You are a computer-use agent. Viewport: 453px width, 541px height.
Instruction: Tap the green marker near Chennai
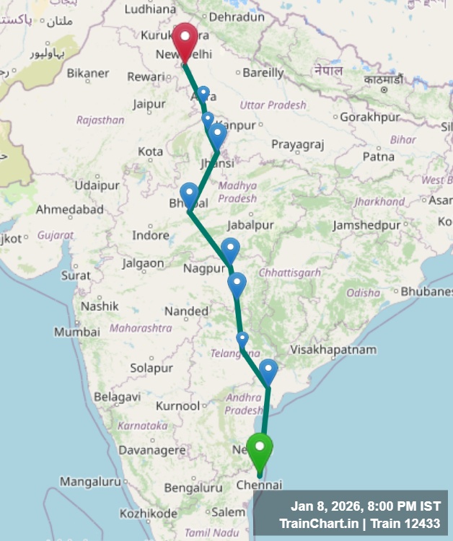(260, 448)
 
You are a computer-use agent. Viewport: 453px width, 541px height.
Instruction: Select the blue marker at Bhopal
(189, 194)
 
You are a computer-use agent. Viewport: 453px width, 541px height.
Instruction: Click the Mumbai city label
(76, 332)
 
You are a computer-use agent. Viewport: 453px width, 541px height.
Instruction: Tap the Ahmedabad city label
(70, 210)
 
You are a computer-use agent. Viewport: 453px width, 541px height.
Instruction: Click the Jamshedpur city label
(366, 226)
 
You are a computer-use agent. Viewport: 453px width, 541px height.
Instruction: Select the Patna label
(378, 156)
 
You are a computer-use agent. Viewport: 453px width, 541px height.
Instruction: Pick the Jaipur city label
(149, 105)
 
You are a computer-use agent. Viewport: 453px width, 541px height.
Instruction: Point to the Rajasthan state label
(100, 120)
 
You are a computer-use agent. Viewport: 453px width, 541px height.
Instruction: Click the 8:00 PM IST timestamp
(400, 506)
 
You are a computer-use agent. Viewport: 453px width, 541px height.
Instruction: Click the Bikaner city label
(87, 73)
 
